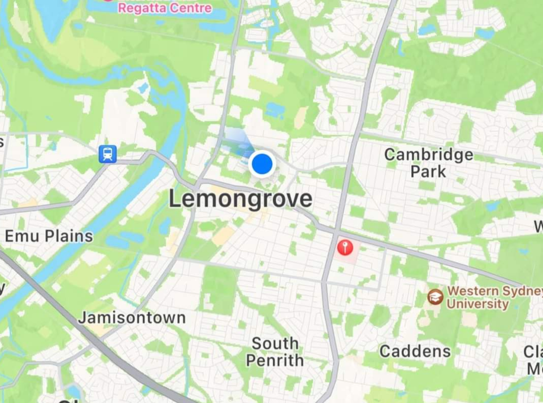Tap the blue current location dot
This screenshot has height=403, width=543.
pos(262,164)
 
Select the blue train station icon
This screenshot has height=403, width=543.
pos(107,154)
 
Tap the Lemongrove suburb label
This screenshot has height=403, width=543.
pos(240,199)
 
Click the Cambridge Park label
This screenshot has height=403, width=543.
pos(428,163)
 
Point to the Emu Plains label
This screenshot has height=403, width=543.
pos(49,236)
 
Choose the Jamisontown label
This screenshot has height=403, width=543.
pos(132,318)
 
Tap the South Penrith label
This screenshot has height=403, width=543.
pos(275,352)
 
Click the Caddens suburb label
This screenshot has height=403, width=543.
pos(415,351)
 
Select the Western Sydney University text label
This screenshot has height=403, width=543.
pos(490,297)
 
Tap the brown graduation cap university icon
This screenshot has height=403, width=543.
pos(435,297)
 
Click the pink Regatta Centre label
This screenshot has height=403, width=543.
pos(165,8)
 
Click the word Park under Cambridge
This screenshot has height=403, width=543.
pos(428,171)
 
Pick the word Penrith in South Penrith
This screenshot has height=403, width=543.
pos(275,360)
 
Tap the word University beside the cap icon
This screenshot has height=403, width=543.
pos(477,304)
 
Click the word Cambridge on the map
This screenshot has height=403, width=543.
pos(429,155)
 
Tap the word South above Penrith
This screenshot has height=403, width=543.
pos(275,343)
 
